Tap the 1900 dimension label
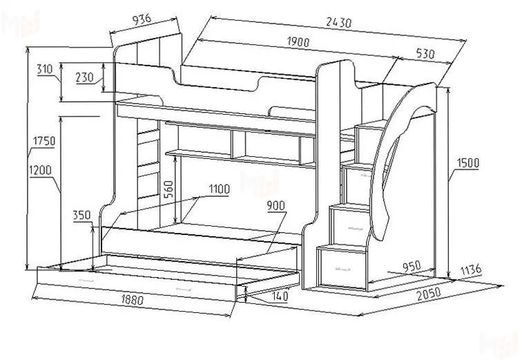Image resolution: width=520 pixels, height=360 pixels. click(x=298, y=41)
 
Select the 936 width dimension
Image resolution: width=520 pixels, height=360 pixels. click(x=142, y=19)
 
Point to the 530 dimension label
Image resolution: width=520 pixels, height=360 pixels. click(x=425, y=53)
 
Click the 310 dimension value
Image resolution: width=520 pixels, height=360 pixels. click(x=45, y=69)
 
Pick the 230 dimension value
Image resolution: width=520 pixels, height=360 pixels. click(x=84, y=77)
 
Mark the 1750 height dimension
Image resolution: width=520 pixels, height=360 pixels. click(x=44, y=141)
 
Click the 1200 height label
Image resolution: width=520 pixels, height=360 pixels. click(x=41, y=171)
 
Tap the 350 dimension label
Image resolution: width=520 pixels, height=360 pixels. click(x=81, y=216)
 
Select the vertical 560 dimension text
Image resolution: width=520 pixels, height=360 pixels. click(x=168, y=189)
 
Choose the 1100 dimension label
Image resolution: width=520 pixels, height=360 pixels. click(x=219, y=189)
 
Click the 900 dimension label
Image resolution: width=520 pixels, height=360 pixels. click(x=276, y=206)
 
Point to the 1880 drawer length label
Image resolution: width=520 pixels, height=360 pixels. click(x=132, y=299)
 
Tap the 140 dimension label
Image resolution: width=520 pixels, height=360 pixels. click(x=279, y=296)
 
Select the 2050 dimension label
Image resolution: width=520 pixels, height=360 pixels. click(x=429, y=294)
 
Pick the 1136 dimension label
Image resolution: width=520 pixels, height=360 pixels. click(x=470, y=269)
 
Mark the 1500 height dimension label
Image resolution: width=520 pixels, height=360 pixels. click(x=468, y=163)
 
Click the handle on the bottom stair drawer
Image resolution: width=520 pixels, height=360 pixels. click(x=343, y=269)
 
